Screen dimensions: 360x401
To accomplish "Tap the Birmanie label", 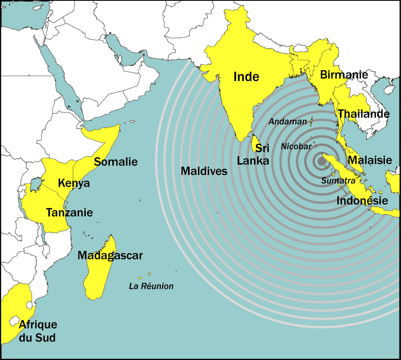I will pyautogui.click(x=344, y=75).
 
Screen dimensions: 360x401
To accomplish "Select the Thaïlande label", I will pyautogui.click(x=363, y=114).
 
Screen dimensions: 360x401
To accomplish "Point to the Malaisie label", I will pyautogui.click(x=370, y=161).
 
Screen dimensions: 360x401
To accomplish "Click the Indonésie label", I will pyautogui.click(x=362, y=200).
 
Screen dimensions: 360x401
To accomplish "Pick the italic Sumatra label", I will pyautogui.click(x=338, y=181).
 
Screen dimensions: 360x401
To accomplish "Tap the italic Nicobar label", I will pyautogui.click(x=296, y=146).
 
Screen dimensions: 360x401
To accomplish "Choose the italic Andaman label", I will pyautogui.click(x=288, y=121).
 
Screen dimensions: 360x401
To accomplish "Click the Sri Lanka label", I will pyautogui.click(x=253, y=155).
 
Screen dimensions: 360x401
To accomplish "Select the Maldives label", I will pyautogui.click(x=204, y=171).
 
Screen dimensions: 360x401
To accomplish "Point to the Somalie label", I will pyautogui.click(x=115, y=162).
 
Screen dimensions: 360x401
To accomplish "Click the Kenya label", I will pyautogui.click(x=74, y=183).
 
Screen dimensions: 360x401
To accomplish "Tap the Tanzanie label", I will pyautogui.click(x=69, y=212).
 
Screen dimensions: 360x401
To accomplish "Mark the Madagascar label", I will pyautogui.click(x=110, y=255).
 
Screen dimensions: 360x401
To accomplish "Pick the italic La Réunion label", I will pyautogui.click(x=151, y=286).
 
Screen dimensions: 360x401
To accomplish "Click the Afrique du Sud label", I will pyautogui.click(x=38, y=331).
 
